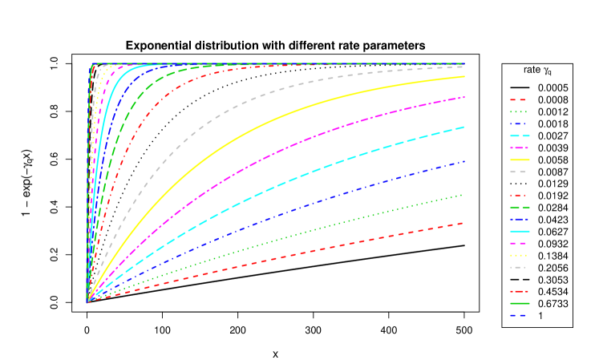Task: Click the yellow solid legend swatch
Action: click(519, 160)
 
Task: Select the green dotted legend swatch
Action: click(519, 112)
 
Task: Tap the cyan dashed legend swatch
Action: click(519, 136)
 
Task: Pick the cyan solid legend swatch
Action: click(519, 232)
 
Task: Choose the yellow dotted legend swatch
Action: click(519, 256)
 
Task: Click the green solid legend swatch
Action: click(519, 304)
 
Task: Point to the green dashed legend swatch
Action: click(519, 208)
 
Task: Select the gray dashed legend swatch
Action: click(519, 172)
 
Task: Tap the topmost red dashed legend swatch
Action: click(519, 100)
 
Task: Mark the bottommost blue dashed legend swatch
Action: click(519, 316)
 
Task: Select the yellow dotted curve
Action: click(95, 104)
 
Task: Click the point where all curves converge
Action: click(87, 302)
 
